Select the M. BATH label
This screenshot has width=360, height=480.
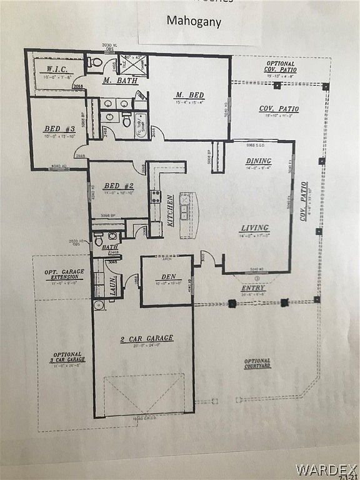pos(116,81)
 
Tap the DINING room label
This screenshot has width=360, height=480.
pos(258,161)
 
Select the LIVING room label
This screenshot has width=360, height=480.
pos(255,227)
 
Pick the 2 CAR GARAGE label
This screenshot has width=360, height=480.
pos(147,339)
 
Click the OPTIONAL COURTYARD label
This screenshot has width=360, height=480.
pos(257,363)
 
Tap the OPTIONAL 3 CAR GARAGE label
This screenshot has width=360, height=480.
pos(69,357)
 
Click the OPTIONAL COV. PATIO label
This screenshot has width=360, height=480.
pos(281,67)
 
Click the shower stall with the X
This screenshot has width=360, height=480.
pos(132,64)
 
